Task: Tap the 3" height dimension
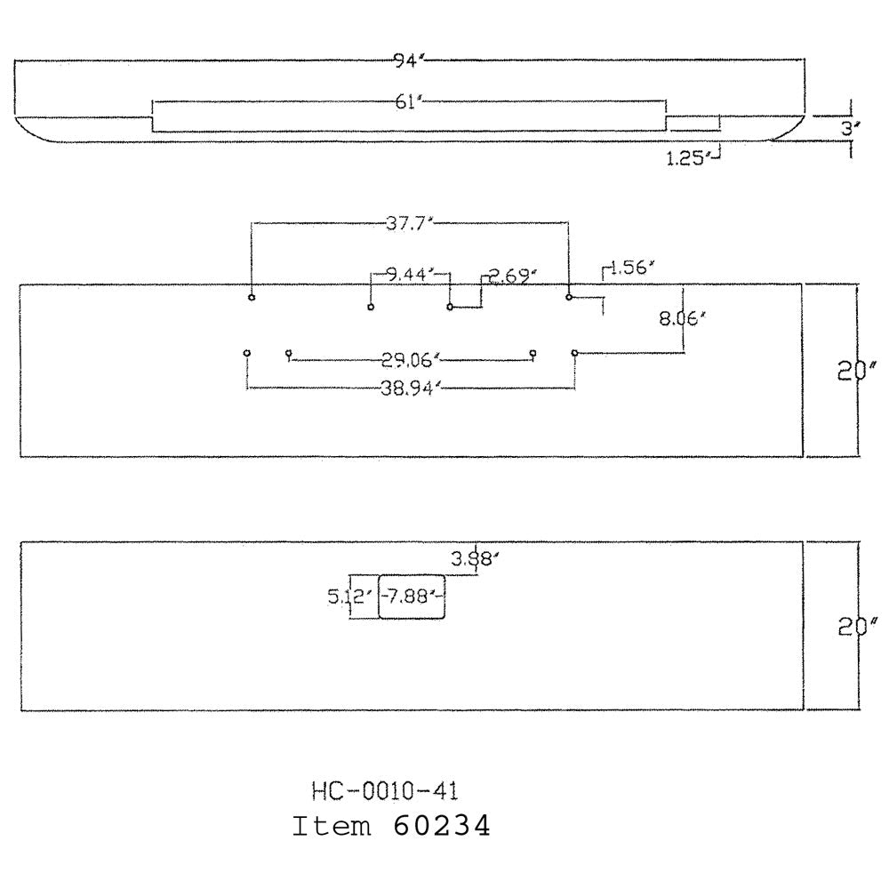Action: [x=849, y=129]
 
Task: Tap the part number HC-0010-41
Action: [x=385, y=791]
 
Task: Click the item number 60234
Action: [x=441, y=826]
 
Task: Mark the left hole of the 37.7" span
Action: [x=252, y=297]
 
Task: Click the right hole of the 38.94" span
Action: [x=575, y=353]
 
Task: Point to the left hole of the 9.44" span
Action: [x=371, y=308]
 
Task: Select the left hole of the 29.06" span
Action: [x=289, y=353]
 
